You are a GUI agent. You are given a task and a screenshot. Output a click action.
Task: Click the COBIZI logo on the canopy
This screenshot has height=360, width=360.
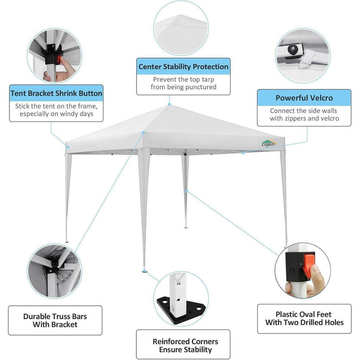(269, 143)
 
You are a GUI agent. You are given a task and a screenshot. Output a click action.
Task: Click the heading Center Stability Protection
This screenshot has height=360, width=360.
(183, 67)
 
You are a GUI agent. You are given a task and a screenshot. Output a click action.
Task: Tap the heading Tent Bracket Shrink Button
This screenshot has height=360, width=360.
(56, 93)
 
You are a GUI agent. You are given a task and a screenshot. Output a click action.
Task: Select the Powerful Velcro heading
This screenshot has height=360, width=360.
(304, 98)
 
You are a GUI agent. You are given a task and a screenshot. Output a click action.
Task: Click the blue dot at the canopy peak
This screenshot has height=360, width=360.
(169, 104)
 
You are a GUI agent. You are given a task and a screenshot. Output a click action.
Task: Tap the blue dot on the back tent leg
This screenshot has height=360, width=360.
(186, 190)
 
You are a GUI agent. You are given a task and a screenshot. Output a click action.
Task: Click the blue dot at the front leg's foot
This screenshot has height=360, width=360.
(144, 270)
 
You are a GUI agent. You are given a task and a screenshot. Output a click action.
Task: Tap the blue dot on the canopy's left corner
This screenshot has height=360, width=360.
(68, 147)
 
